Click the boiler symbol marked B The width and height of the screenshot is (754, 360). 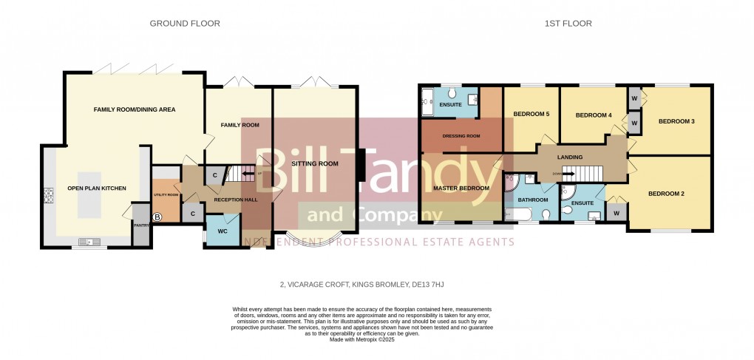157,217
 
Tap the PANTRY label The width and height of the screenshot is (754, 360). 139,225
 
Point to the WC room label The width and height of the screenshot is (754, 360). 223,230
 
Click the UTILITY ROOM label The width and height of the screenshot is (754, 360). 166,194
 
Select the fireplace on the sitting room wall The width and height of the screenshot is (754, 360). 360,164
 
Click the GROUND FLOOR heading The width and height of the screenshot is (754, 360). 185,24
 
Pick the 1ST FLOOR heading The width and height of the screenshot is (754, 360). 568,24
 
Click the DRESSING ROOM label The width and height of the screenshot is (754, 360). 461,136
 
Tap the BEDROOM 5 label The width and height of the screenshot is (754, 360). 531,114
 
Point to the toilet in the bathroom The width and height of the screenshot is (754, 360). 546,214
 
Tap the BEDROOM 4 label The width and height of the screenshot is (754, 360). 594,115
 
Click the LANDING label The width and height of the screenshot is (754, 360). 570,157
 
